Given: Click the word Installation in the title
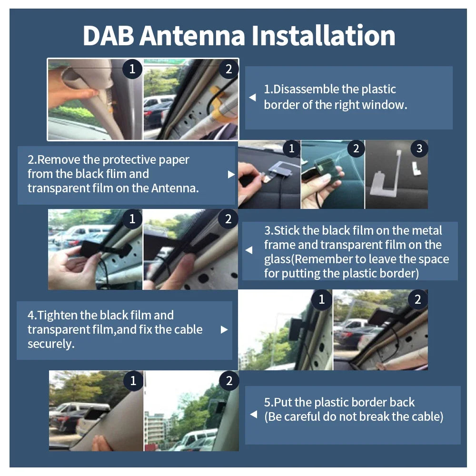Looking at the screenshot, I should point(323,36).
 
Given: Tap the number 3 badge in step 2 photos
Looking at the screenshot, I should point(419,149).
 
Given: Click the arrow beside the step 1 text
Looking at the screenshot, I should point(253,98).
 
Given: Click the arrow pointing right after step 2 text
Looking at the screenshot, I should point(231,175).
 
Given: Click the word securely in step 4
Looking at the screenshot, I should point(51,344).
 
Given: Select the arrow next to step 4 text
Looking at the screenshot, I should point(224,329).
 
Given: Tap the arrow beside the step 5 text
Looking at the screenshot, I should point(254,415).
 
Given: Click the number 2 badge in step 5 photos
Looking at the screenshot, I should point(229,381).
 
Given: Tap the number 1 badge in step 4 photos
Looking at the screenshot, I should point(322,299).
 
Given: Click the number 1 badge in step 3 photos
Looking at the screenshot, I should point(132,218).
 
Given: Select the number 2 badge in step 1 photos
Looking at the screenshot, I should point(228,69).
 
